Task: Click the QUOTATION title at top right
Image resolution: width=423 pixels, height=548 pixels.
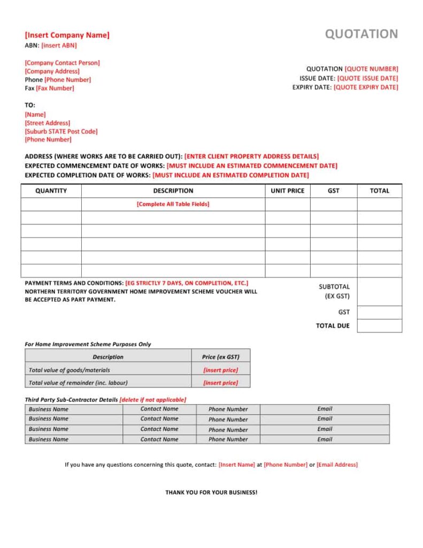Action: (362, 34)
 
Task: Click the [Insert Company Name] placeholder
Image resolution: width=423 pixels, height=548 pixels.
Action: (67, 35)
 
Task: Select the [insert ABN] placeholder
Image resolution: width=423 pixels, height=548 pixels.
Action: (59, 45)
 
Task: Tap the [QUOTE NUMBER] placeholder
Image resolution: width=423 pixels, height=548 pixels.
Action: (371, 69)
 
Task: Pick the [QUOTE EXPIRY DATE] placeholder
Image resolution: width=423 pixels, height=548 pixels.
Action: (366, 87)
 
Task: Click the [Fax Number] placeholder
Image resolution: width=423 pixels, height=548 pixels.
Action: (55, 88)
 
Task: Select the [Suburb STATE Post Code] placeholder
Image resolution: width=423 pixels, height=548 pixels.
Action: (61, 131)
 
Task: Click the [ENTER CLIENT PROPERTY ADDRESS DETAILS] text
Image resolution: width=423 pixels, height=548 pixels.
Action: (251, 156)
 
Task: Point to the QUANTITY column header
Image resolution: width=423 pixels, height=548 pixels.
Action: (51, 191)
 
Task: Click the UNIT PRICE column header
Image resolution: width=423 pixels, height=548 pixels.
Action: (288, 191)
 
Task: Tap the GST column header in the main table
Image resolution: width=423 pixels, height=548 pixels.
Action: (333, 191)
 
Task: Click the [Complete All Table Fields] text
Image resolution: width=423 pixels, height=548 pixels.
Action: (173, 204)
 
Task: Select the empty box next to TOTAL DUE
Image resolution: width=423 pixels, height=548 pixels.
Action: (379, 326)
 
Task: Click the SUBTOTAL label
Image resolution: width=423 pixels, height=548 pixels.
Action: (334, 287)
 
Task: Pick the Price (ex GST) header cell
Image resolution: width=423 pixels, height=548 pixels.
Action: (220, 357)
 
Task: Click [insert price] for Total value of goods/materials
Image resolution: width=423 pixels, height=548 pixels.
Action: (220, 370)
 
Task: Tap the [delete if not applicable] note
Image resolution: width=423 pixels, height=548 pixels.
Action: (153, 400)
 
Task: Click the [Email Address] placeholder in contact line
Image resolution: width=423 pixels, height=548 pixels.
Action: (337, 465)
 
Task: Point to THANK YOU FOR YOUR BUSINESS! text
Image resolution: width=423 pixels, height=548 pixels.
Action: (211, 492)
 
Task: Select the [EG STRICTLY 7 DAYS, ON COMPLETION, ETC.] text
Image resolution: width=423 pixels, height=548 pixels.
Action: (187, 283)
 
